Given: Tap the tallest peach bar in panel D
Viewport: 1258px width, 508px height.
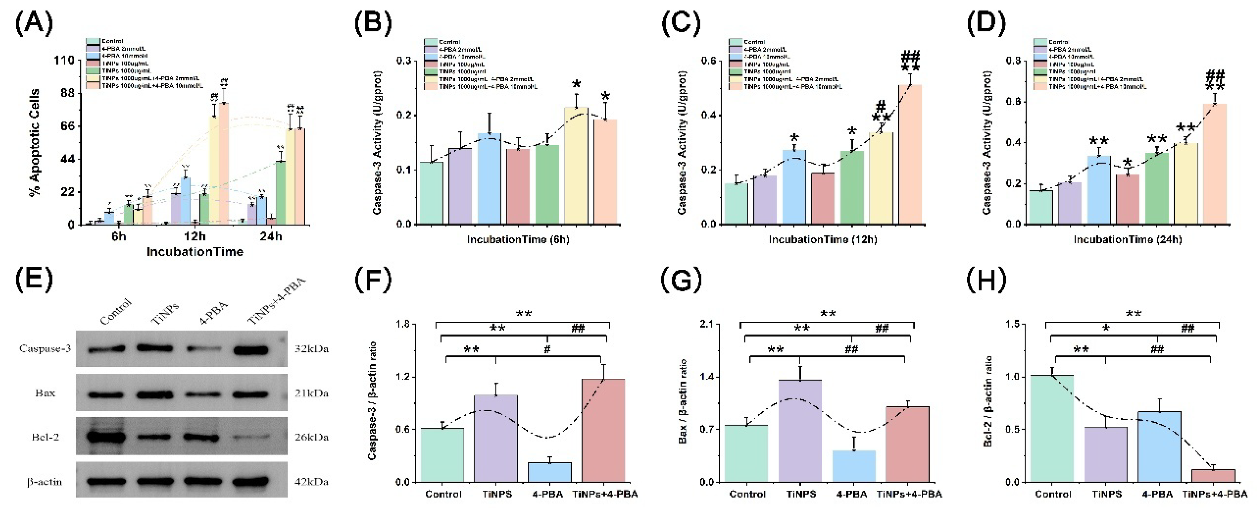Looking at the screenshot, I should click(x=1214, y=164).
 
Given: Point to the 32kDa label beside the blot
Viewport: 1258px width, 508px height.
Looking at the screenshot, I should click(x=311, y=349).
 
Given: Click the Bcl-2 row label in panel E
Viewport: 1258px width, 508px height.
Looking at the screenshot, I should click(x=45, y=437).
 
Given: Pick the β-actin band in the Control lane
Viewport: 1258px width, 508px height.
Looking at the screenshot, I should click(x=106, y=482).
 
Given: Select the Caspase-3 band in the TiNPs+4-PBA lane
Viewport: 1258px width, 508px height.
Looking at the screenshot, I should click(x=251, y=350).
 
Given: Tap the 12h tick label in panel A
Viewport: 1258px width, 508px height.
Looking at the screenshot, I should click(x=194, y=236).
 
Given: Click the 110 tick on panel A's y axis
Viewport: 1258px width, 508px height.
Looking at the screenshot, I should click(x=64, y=61).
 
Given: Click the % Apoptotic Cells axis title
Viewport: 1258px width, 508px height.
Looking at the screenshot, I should click(x=35, y=142).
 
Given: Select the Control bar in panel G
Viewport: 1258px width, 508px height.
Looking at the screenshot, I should click(x=746, y=453).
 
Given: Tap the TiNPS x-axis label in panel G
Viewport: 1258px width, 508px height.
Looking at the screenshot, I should click(x=801, y=494).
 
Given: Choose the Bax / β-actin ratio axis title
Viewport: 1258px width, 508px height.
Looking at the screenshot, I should click(x=683, y=401).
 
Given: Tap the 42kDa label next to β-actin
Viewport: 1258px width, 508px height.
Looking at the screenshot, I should click(x=311, y=482).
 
